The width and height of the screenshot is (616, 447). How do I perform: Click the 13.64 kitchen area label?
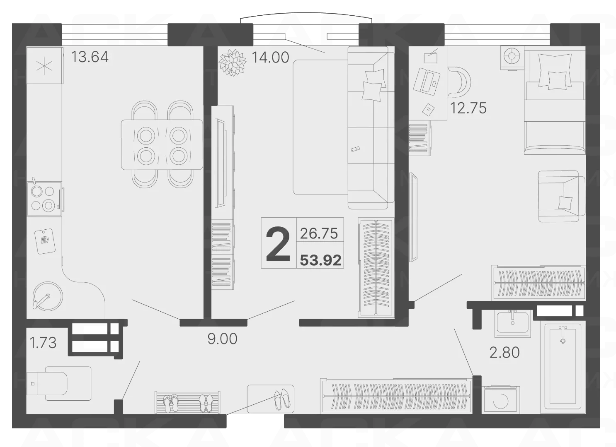tap(90, 57)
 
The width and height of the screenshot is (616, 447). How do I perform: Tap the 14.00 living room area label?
tap(270, 58)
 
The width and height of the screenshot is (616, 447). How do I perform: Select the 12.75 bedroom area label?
tap(468, 108)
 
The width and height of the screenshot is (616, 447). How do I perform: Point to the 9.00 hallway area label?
tap(222, 339)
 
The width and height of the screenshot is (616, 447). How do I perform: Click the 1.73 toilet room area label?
tap(43, 343)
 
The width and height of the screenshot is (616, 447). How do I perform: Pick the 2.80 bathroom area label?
tap(504, 353)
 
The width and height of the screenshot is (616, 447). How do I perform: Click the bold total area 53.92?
tap(321, 260)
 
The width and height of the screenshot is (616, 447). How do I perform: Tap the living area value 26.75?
tap(319, 233)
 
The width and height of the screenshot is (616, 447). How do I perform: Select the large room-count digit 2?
tap(278, 244)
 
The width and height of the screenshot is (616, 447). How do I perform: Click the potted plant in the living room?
tap(233, 62)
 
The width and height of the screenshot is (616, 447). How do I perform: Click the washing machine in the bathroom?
tap(501, 399)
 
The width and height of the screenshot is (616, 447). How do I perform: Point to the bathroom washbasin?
tap(513, 323)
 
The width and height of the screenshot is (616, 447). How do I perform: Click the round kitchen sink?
tap(48, 296)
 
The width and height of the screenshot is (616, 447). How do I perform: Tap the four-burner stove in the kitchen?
tap(44, 199)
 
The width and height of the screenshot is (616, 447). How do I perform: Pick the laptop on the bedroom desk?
tap(427, 82)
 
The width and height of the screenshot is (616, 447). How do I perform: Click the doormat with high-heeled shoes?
tap(271, 399)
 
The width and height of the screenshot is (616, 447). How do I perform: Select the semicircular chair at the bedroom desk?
tap(459, 82)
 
